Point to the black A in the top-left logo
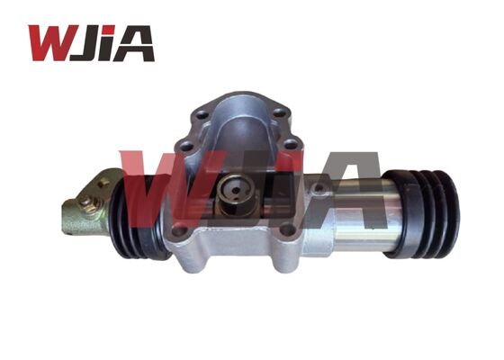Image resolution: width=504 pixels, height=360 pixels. click(x=135, y=43)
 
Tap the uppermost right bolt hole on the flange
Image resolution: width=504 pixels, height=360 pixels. click(x=278, y=114)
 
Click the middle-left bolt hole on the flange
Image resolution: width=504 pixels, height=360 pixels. click(x=185, y=144)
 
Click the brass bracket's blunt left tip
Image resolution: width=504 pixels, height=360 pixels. click(x=66, y=218)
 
